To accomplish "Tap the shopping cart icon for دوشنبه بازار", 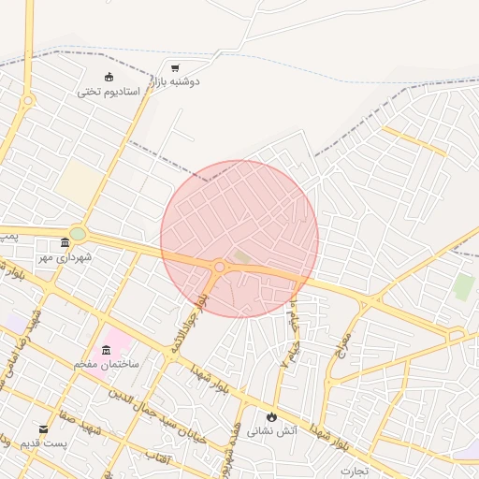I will (x=175, y=68).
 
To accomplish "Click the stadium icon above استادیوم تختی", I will (x=109, y=77).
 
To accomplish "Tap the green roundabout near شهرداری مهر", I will (x=78, y=233).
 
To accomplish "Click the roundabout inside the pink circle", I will (x=219, y=267).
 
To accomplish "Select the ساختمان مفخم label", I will (x=107, y=364).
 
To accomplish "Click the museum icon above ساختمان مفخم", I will (x=106, y=350).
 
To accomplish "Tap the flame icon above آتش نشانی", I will (x=271, y=416).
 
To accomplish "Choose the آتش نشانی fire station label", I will (x=271, y=431).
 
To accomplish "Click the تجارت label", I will (x=355, y=470).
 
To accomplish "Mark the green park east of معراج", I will (x=464, y=287).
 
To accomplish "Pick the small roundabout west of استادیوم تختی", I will (x=28, y=100).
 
